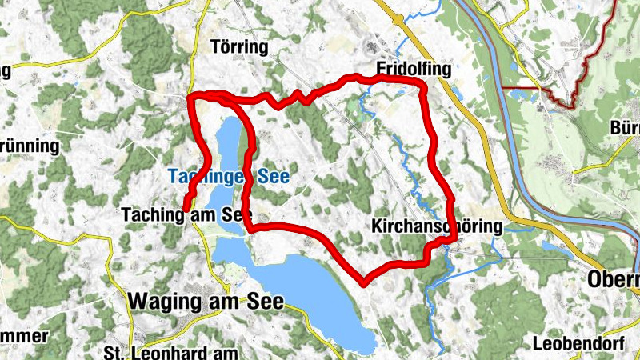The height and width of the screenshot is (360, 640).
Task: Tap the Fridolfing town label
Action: point(414,70)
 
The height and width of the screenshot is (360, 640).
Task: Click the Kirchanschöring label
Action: point(438,227)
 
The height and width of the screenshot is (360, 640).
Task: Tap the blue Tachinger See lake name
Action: point(227,175)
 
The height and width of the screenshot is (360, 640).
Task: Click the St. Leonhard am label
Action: point(172,353)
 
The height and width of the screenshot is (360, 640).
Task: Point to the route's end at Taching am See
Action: point(186,210)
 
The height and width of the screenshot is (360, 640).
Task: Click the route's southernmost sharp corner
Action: point(365,282)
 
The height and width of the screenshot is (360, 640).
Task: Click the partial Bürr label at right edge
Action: point(624,128)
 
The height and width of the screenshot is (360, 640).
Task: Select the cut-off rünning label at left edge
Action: point(30,146)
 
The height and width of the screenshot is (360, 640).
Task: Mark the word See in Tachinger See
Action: point(274,175)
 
